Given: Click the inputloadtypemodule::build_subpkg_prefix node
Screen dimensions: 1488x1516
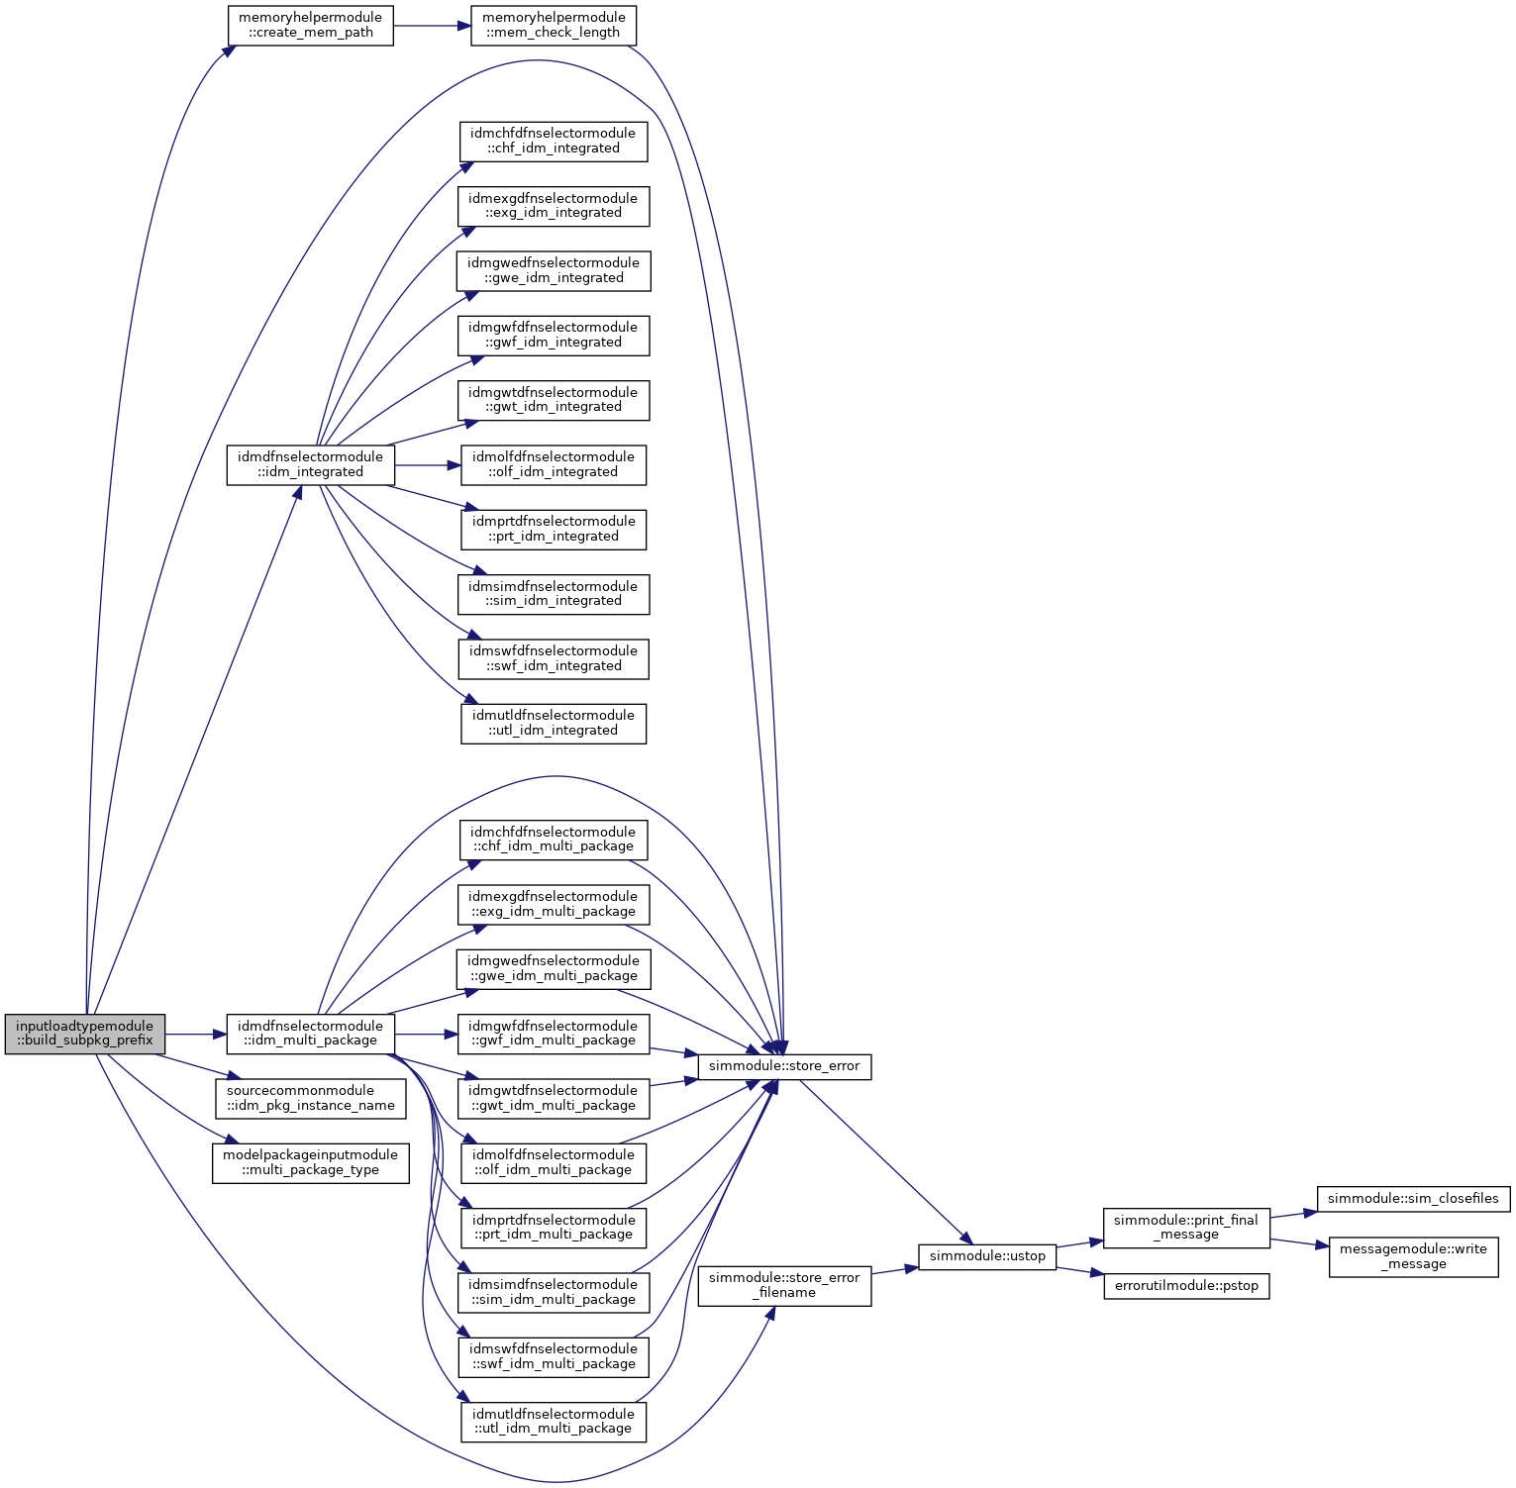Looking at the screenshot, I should coord(85,1034).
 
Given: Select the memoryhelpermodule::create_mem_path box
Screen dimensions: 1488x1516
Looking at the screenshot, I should coord(310,25).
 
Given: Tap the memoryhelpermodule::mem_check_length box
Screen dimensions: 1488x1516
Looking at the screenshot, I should coord(553,25).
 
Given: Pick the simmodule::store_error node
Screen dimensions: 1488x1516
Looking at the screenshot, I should coord(784,1066).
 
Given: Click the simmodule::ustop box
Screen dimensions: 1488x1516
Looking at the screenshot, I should coord(987,1256).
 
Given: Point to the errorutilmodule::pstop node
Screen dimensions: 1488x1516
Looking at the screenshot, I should coord(1186,1286).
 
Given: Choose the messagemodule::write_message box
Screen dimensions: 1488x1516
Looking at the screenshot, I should coord(1413,1256).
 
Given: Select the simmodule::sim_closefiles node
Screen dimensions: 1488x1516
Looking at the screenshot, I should coord(1413,1199).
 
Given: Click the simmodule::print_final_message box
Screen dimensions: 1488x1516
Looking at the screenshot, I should coord(1186,1227).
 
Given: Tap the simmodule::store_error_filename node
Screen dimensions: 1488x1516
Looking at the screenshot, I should coord(784,1285).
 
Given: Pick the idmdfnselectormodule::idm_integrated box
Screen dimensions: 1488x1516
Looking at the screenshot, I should coord(310,464).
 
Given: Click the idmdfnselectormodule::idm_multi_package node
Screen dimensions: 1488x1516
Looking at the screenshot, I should coord(310,1034).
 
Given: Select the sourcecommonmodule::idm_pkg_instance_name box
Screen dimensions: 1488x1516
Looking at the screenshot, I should coord(310,1098).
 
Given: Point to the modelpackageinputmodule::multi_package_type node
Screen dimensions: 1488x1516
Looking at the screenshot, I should coord(310,1162).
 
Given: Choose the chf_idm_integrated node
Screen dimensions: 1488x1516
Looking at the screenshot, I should coord(553,141).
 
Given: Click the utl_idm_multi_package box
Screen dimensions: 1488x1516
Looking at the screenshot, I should coord(553,1422).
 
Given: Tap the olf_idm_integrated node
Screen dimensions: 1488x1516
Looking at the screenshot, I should coord(553,464).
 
